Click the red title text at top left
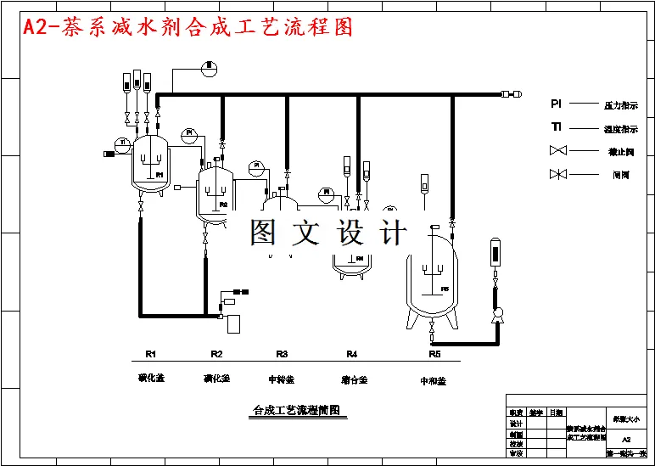(188, 27)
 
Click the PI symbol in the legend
(556, 104)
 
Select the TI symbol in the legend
(556, 128)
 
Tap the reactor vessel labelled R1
(152, 165)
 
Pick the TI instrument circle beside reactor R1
(123, 142)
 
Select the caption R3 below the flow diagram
(282, 354)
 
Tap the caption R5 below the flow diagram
(434, 354)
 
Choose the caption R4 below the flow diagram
(351, 354)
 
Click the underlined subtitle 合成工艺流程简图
(296, 411)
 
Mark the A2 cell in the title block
(626, 440)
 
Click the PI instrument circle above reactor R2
(190, 133)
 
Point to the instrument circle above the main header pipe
(210, 65)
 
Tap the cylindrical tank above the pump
(495, 252)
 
